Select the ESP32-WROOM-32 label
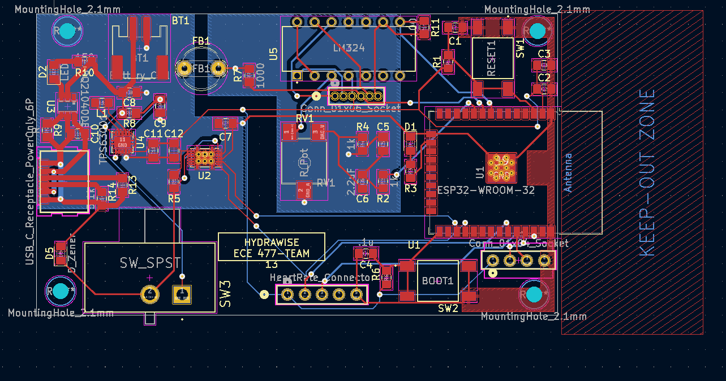click(486, 190)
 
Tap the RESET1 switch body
click(492, 58)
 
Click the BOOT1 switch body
click(438, 280)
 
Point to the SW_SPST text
click(150, 263)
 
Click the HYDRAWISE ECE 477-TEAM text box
click(272, 248)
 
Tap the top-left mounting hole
click(67, 32)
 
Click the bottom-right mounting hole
click(534, 295)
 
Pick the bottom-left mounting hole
click(60, 291)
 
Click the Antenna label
click(568, 172)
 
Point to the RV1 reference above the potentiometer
click(304, 118)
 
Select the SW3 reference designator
click(225, 293)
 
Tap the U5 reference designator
click(274, 54)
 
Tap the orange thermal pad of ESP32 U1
click(501, 167)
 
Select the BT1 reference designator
click(181, 20)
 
